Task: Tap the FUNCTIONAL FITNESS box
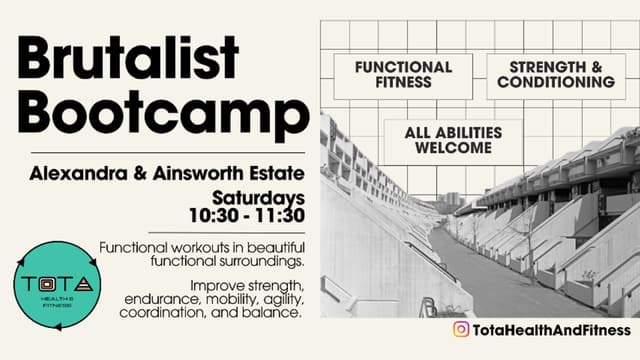pyautogui.click(x=404, y=75)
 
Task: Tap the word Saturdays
pyautogui.click(x=257, y=196)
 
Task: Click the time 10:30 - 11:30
pyautogui.click(x=247, y=214)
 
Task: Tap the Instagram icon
pyautogui.click(x=461, y=330)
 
